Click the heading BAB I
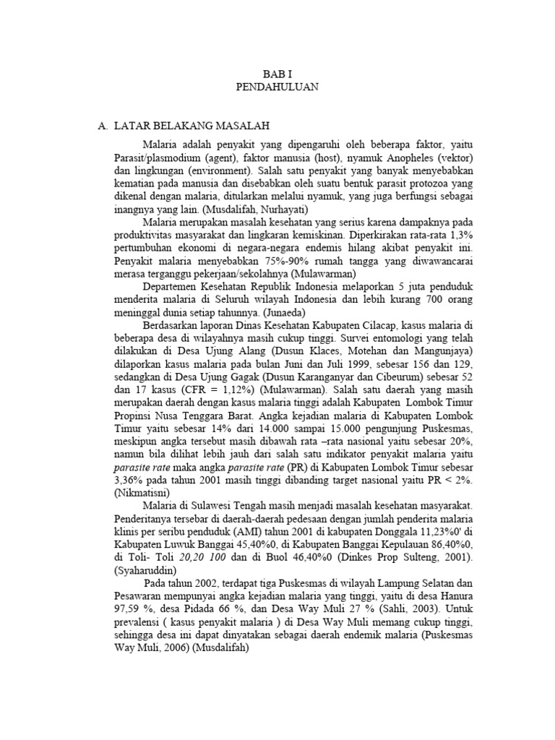[x=277, y=74]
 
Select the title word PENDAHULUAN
[x=277, y=87]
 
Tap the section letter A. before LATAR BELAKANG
[x=103, y=126]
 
